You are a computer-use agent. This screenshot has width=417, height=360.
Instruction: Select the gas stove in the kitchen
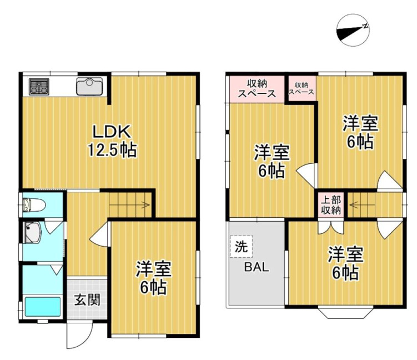point(39,86)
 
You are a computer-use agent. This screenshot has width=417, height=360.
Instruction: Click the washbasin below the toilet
point(32,233)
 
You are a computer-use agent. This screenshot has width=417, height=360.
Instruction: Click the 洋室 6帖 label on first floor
point(154,278)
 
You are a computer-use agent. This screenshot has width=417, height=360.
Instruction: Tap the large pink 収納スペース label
point(257,88)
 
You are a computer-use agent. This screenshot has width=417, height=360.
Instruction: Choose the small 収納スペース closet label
point(301,88)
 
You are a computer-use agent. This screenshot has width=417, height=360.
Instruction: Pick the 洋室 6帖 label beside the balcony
point(344,263)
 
